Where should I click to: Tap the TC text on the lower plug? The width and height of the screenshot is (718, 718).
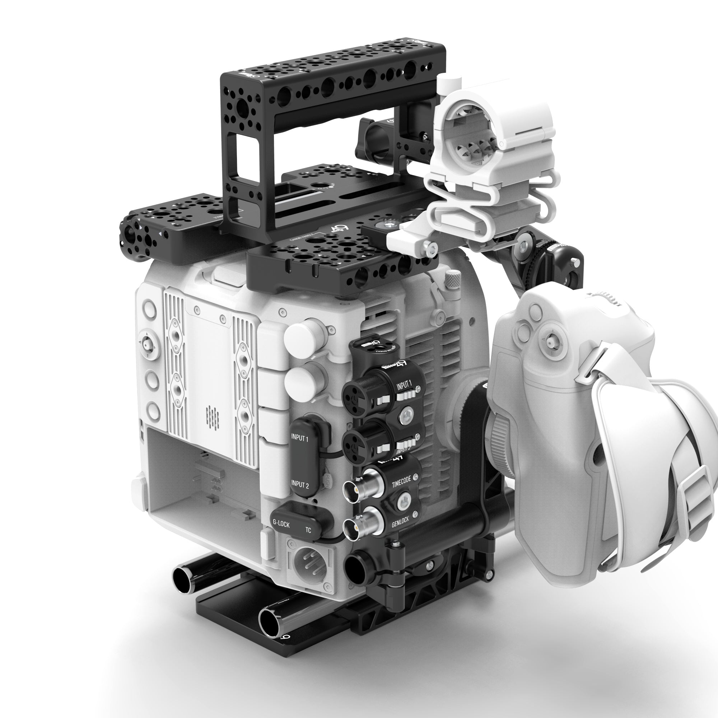pyautogui.click(x=308, y=530)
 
